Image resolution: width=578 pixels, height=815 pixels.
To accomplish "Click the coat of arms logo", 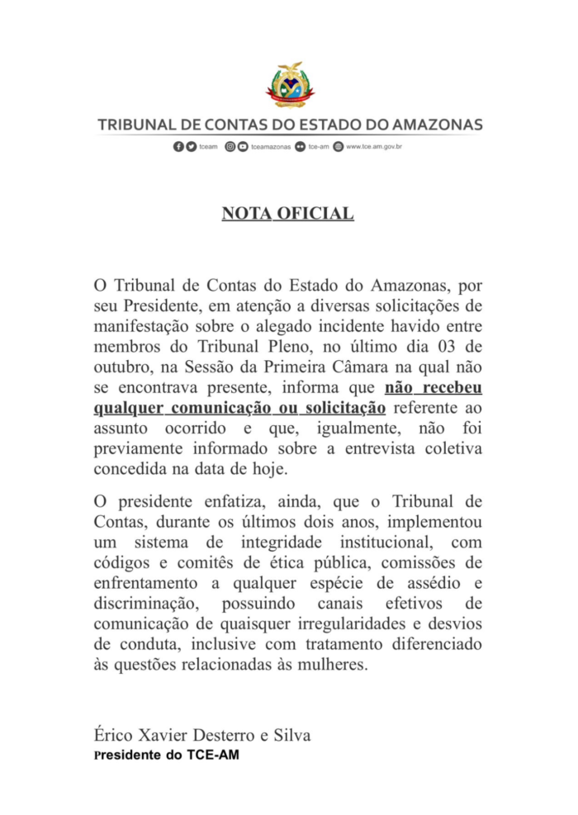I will pos(289,84).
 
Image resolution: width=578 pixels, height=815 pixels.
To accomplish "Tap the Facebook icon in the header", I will pos(178,147).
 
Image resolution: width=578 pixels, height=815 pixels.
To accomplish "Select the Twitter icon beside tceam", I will pos(192,147).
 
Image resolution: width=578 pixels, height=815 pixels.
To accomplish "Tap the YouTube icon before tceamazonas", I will pos(242,147).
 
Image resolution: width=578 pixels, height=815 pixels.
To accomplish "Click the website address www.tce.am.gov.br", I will pos(373,147).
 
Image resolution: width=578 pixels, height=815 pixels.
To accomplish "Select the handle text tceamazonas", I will pos(271,147).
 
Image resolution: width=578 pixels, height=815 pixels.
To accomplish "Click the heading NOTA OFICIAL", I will pos(288,215).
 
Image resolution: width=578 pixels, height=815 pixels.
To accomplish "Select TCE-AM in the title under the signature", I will pos(213,754).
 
